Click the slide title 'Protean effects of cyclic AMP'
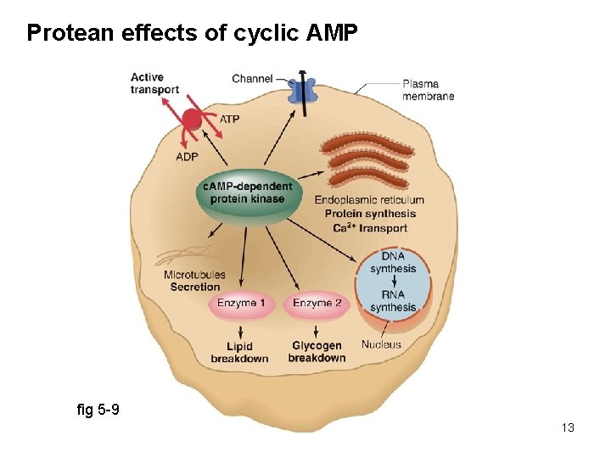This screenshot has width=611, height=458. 193,33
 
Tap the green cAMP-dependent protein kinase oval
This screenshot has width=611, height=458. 247,193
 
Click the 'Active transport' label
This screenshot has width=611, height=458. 154,83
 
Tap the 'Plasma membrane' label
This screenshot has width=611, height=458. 428,90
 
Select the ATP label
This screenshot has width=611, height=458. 229,120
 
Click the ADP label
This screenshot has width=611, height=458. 188,157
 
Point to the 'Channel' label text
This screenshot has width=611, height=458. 252,79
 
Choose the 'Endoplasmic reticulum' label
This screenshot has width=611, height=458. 369,200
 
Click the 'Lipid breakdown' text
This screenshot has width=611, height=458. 239,352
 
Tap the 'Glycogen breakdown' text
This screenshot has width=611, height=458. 317,352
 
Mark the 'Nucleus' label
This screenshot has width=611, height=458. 381,345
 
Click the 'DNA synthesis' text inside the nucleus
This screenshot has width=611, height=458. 393,263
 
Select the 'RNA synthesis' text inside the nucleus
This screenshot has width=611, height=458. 393,301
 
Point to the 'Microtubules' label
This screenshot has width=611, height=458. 194,275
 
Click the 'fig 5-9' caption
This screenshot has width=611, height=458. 98,411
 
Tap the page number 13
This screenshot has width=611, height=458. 568,427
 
